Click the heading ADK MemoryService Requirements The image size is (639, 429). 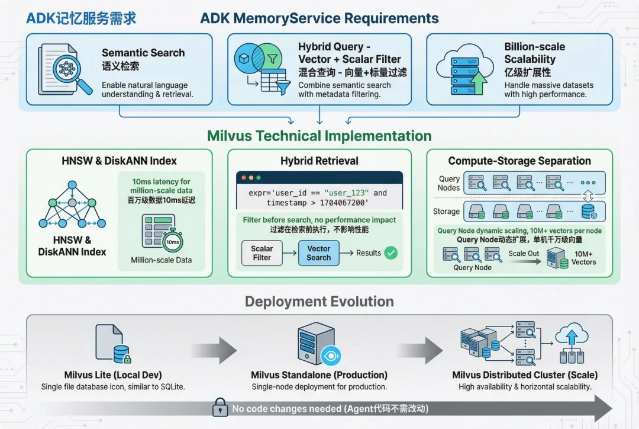point(319,18)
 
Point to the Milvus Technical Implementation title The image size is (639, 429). point(319,136)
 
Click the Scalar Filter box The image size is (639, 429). point(262,253)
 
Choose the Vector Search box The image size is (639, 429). point(318,253)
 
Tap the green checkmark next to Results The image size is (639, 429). point(391,253)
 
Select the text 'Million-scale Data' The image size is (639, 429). point(162,260)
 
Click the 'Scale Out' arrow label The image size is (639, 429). point(524,254)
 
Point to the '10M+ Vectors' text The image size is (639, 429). point(583,258)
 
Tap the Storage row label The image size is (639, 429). point(446,211)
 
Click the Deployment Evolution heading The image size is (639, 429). point(319,302)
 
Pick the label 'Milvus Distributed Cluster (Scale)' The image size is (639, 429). point(525,374)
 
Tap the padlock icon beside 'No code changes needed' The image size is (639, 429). point(220,408)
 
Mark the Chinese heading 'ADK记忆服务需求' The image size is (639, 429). point(81,18)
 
